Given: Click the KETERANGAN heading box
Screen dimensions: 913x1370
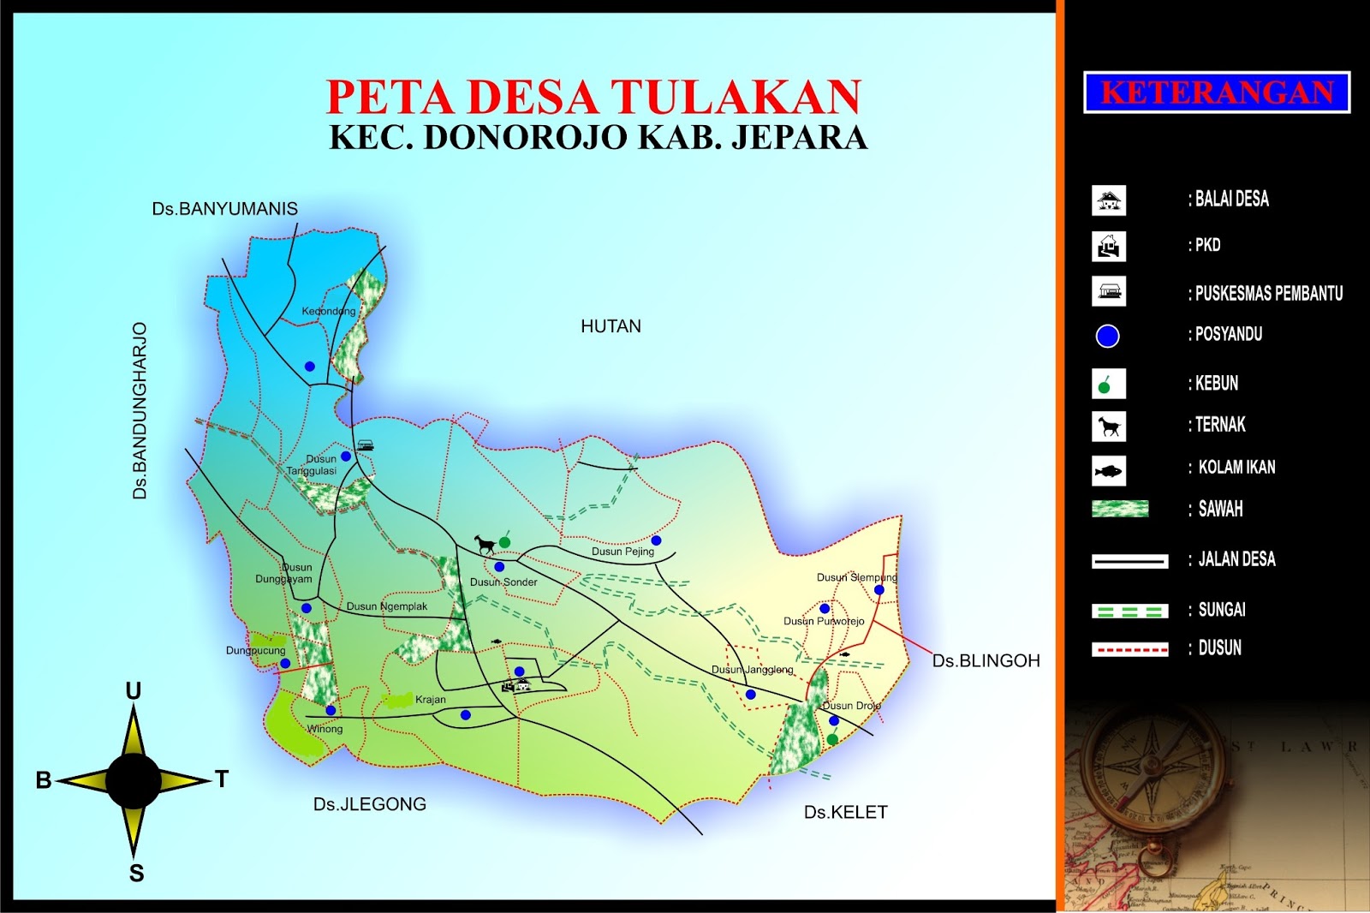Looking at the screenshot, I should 1216,92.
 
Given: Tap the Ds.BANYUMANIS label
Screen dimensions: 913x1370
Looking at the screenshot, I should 224,209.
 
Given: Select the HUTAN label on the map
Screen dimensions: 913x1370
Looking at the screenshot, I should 611,326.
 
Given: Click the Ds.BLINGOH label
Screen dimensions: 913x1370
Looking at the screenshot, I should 986,661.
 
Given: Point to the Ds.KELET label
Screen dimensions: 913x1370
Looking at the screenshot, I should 845,812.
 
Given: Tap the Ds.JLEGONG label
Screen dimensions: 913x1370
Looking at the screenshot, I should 369,804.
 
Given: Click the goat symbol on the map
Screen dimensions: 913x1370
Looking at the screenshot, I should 485,544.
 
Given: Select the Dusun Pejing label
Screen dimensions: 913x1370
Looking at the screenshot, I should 622,552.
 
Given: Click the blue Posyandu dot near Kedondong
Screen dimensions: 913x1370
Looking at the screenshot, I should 310,367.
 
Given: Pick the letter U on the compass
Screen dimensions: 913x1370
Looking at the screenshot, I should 134,691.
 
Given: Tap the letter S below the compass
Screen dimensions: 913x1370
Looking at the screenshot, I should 136,874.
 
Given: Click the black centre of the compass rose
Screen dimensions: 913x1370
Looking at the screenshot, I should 134,779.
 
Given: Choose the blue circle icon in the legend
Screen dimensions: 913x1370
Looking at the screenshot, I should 1107,337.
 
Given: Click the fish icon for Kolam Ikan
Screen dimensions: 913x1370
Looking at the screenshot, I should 1108,471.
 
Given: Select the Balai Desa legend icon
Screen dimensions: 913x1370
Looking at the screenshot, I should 1109,200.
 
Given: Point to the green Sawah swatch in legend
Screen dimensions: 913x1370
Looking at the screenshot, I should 1120,509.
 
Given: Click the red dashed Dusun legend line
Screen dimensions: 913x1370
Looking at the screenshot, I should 1129,650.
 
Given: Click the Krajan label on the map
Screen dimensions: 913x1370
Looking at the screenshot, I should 430,700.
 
